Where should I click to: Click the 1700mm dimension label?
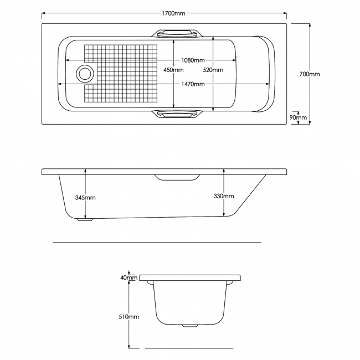pos(174,13)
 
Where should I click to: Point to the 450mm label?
pos(174,70)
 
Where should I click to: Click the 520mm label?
pos(213,70)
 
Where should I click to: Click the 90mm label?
pos(299,117)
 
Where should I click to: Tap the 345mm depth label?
pos(85,197)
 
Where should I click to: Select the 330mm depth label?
pos(224,196)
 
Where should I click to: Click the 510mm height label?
pos(130,316)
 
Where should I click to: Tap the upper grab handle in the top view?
pos(178,33)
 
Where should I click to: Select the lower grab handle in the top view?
pos(178,114)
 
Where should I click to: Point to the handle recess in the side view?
pos(177,177)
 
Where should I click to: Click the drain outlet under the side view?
pos(85,219)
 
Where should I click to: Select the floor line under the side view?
pos(157,242)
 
